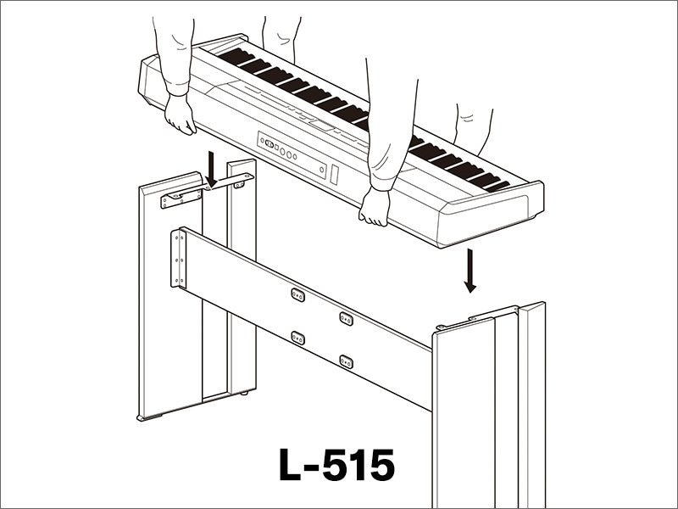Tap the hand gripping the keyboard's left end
tap(181, 114)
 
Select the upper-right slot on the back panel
tap(346, 317)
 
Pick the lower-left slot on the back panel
tap(297, 337)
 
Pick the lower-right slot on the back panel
tap(346, 361)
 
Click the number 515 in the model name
tap(359, 465)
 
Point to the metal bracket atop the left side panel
tap(181, 196)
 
